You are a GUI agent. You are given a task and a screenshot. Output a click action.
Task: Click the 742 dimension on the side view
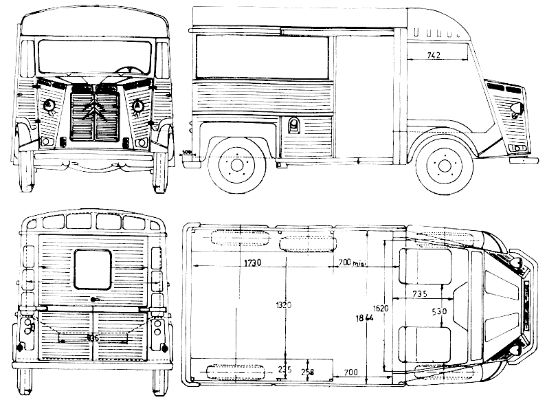434,54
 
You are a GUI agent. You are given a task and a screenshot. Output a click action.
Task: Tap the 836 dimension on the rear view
93,338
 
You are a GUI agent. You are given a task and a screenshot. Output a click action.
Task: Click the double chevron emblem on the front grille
93,110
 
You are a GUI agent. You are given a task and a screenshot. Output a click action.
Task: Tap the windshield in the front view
94,56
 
